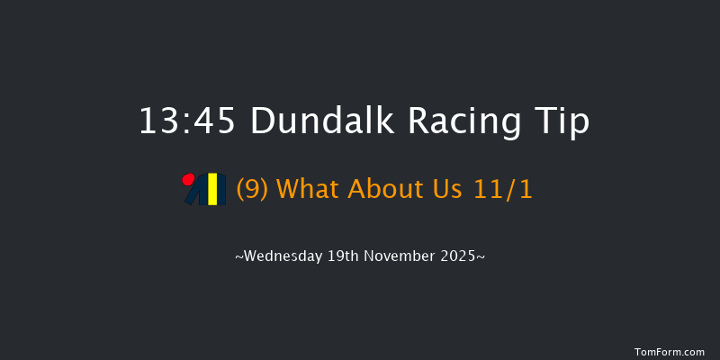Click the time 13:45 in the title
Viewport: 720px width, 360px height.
pos(188,121)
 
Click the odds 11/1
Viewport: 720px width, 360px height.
pos(506,190)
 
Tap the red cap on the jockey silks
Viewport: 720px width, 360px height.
pos(189,179)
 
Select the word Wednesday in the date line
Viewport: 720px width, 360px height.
pos(285,256)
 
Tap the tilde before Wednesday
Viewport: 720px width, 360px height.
pos(238,257)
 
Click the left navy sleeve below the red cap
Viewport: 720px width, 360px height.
pos(193,196)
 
